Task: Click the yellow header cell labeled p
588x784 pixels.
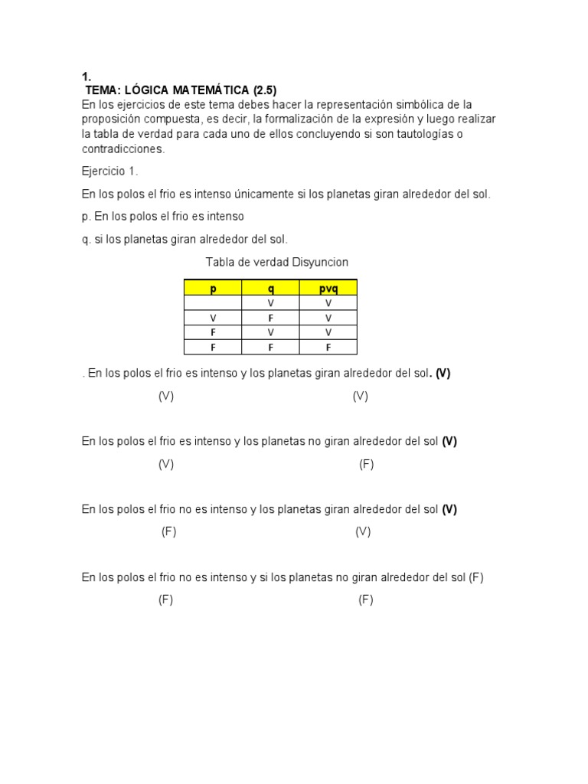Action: [213, 288]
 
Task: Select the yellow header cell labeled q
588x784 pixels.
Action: [270, 288]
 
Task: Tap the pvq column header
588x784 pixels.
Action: [328, 288]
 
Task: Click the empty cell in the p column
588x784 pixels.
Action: [213, 303]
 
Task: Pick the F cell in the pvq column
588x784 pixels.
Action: [328, 347]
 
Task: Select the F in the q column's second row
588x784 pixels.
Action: [270, 318]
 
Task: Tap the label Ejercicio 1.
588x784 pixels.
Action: [109, 171]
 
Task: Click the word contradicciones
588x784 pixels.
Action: [122, 149]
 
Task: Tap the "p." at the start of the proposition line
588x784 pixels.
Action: [87, 217]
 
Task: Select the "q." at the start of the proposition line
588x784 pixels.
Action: [87, 239]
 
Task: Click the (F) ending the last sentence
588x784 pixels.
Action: [476, 577]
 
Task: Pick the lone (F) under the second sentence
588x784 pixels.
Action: [366, 464]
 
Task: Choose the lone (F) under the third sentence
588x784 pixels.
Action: [168, 532]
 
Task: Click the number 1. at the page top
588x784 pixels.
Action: [87, 77]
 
